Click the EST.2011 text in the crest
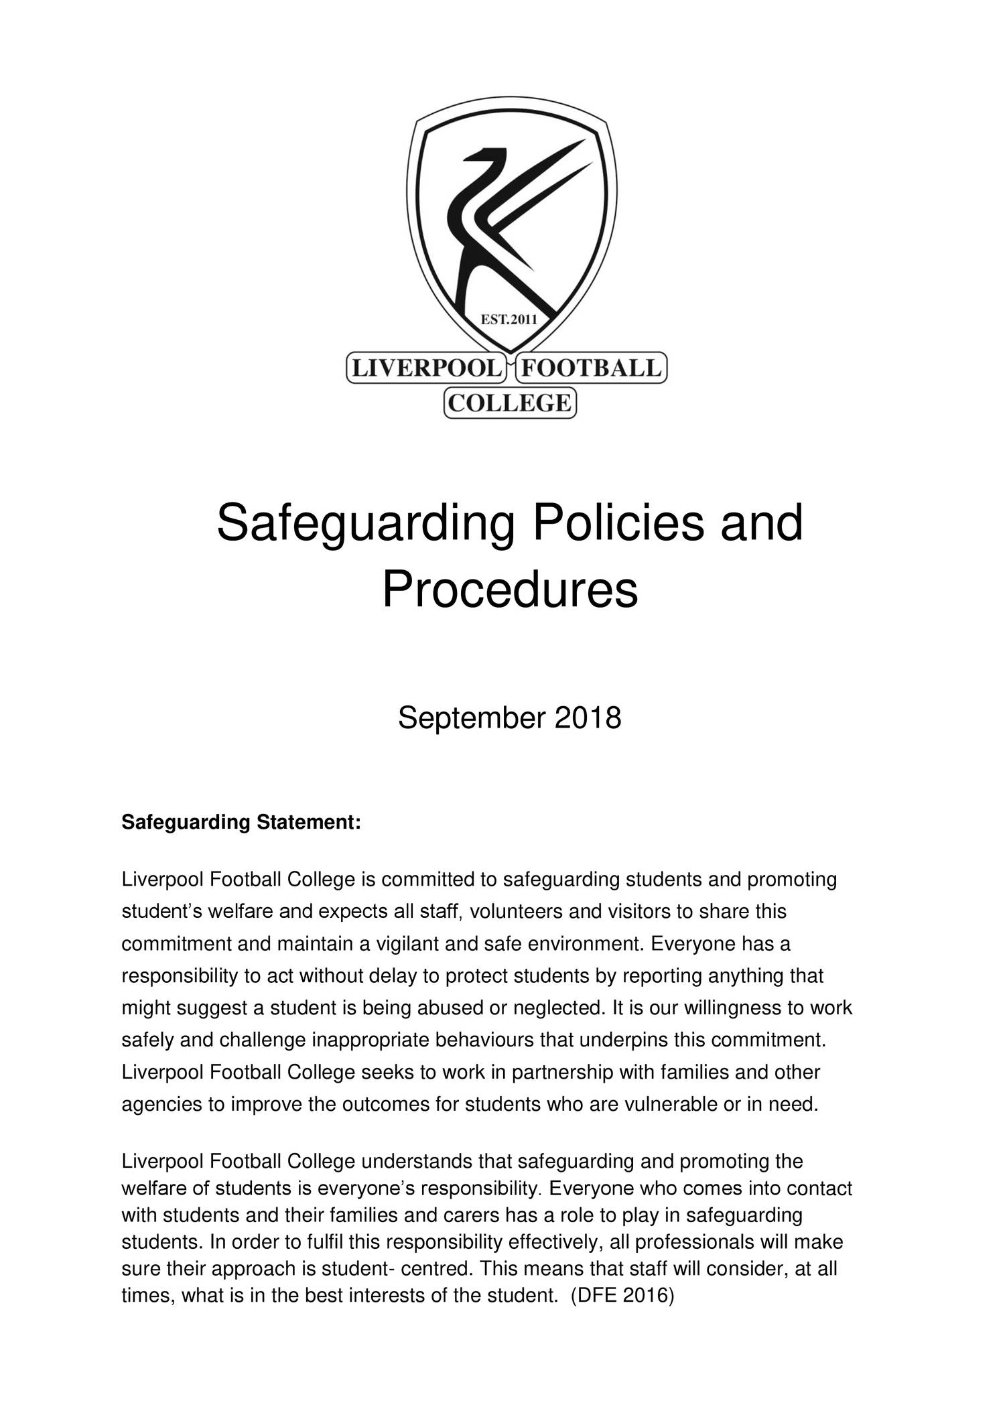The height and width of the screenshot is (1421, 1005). point(509,320)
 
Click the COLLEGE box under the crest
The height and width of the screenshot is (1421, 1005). point(509,403)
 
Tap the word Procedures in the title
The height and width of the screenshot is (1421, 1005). point(509,590)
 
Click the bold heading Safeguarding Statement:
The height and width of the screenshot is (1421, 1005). point(241,822)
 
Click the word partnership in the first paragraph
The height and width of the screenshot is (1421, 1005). point(562,1073)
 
